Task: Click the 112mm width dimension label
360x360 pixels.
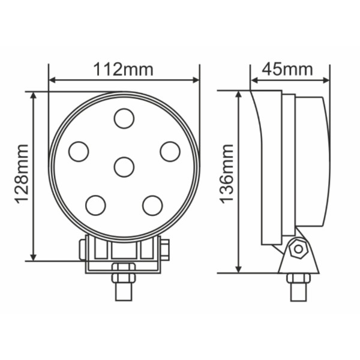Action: coord(123,70)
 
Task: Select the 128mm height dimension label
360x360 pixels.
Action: coord(22,174)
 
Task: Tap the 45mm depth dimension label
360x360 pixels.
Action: coord(287,69)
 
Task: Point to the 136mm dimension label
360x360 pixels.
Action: coord(227,174)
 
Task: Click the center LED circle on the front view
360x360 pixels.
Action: coord(124,167)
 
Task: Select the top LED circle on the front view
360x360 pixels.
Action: coord(124,118)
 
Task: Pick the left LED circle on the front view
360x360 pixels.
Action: coord(79,152)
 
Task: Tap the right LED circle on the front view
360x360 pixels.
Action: coord(170,152)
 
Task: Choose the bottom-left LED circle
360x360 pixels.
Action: coord(95,205)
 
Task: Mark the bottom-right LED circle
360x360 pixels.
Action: coord(152,205)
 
